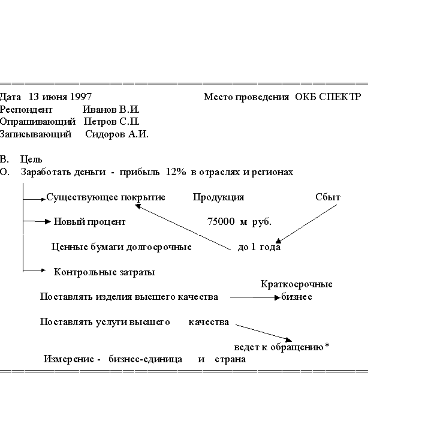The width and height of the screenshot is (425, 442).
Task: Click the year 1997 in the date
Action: (80, 97)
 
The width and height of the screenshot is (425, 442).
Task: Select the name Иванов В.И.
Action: (111, 109)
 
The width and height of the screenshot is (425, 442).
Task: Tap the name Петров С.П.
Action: (111, 122)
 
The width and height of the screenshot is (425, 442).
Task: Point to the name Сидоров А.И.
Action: (117, 134)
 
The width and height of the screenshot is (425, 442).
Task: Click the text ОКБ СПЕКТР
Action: (328, 97)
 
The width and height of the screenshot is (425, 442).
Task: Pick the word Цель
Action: (31, 160)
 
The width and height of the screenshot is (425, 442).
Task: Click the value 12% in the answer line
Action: (176, 172)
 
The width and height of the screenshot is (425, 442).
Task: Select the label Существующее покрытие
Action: (106, 197)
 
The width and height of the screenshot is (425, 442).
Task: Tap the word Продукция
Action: (218, 197)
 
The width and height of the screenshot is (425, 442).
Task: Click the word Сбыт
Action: (328, 197)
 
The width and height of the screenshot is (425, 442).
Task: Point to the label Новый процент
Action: (90, 222)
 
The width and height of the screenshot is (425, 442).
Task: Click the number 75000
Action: (221, 221)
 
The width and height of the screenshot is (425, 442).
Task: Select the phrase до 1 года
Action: (259, 247)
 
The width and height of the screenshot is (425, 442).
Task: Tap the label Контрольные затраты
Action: (104, 272)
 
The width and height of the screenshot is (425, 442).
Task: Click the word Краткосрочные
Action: (297, 284)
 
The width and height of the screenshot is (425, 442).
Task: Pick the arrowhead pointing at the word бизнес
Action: (278, 297)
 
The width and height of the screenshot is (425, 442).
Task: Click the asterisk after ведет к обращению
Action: (327, 345)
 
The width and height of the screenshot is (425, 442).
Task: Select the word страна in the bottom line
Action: (230, 359)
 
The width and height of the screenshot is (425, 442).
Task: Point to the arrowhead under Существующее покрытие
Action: (138, 206)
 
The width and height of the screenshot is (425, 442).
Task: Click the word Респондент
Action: (26, 110)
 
